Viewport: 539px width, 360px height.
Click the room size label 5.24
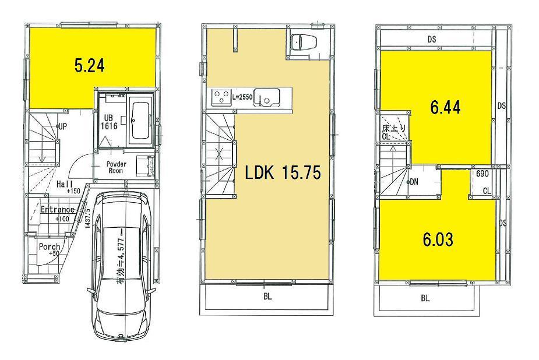(90, 66)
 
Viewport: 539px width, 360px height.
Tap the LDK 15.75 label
(283, 173)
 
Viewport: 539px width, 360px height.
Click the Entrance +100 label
(57, 213)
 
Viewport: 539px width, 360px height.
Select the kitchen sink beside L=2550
(267, 97)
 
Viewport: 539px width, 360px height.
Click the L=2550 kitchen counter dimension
(242, 97)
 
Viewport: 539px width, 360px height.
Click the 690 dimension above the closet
(482, 174)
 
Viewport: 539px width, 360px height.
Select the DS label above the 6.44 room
(432, 39)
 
